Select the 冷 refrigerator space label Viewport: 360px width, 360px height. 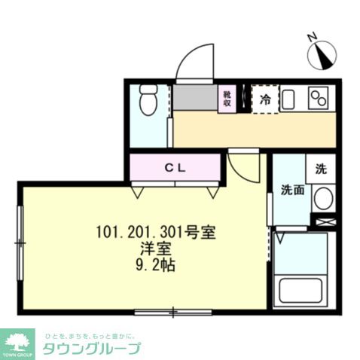tap(264, 99)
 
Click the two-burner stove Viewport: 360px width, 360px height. tap(320, 99)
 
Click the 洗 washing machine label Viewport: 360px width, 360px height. tap(320, 169)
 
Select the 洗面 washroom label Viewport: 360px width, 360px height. tap(292, 190)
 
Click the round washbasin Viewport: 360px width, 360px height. tap(322, 199)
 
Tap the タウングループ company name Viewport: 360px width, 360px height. tap(91, 349)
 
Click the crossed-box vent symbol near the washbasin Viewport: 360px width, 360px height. tap(324, 222)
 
